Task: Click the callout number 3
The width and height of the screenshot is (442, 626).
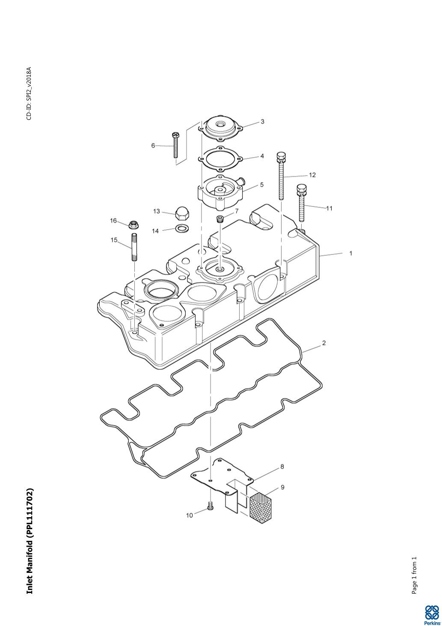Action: pyautogui.click(x=262, y=122)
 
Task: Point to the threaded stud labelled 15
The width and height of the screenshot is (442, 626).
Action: pyautogui.click(x=134, y=247)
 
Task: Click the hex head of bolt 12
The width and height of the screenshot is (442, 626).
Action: pyautogui.click(x=281, y=157)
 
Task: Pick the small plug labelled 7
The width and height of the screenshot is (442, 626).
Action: pyautogui.click(x=221, y=219)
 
